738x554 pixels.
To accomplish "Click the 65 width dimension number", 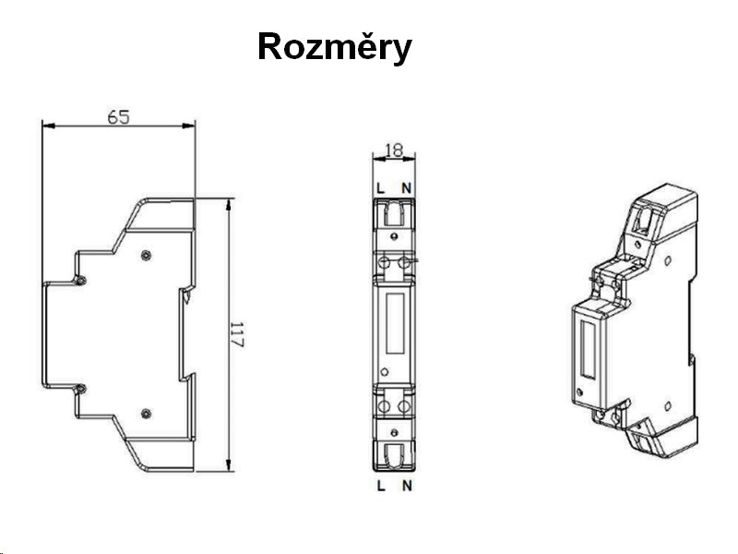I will point(117,116).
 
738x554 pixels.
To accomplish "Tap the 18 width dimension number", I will point(393,149).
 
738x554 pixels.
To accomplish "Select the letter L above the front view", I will point(381,188).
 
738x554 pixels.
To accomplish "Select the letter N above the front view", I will point(406,188).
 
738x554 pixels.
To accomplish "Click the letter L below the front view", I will point(381,485).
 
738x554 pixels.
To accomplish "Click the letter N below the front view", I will point(406,485).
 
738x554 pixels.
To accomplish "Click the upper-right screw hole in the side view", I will point(146,254).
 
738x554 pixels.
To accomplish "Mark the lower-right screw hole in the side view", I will point(146,412).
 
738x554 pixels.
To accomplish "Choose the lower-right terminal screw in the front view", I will point(403,404).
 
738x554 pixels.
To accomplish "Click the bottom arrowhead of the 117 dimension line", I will point(229,466).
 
